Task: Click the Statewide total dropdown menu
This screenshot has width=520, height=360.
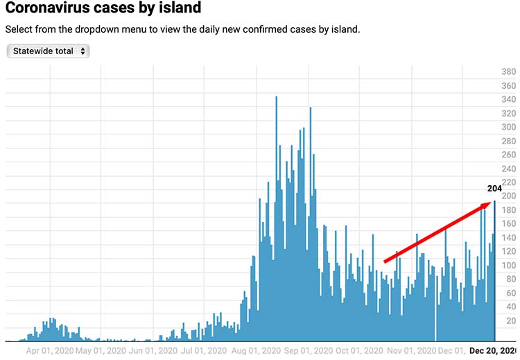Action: [48, 51]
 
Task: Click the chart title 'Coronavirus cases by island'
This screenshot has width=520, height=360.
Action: [103, 9]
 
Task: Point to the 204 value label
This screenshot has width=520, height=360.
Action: [494, 188]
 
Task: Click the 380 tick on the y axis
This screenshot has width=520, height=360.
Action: [508, 72]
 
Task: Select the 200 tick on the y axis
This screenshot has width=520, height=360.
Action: [508, 196]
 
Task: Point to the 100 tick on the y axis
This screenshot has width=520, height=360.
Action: [508, 266]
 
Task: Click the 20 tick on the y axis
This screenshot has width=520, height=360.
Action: [511, 321]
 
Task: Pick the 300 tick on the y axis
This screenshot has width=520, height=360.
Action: [508, 128]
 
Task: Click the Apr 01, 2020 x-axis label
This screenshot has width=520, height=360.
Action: [49, 351]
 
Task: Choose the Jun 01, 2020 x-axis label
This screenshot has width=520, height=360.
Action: [152, 351]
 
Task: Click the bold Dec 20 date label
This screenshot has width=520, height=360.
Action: [494, 351]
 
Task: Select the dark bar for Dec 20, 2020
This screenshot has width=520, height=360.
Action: [494, 271]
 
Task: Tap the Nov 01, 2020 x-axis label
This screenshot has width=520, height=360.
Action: [411, 351]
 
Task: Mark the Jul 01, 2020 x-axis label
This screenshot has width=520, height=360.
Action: [204, 351]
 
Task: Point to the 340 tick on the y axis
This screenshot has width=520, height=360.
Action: [508, 100]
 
